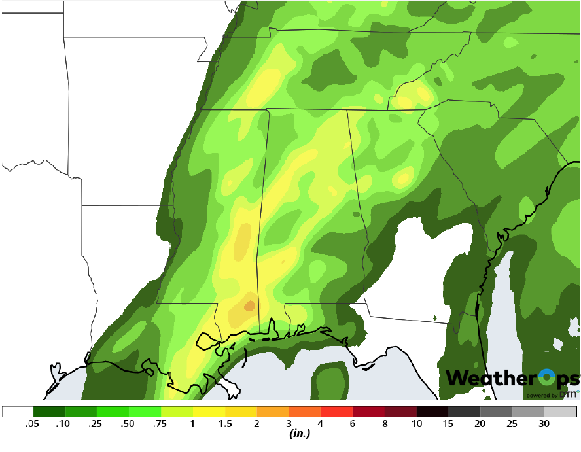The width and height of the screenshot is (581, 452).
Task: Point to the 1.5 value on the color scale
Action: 225,424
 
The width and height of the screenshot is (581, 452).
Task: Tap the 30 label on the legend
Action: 544,424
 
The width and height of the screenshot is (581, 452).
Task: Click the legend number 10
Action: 417,424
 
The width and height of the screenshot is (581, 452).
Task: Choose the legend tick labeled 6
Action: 353,424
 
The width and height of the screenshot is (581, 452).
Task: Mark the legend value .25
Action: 97,424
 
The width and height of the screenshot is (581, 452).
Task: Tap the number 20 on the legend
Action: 480,424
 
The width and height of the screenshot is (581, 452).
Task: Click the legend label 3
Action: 289,424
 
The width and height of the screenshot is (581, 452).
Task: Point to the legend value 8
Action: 385,424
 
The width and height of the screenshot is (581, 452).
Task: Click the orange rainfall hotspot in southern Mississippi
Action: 249,305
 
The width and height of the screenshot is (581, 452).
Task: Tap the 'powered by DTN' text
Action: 551,395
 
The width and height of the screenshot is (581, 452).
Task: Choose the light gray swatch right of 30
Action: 561,411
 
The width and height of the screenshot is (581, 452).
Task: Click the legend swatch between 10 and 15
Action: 432,411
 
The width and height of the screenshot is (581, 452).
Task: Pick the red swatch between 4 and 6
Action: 336,411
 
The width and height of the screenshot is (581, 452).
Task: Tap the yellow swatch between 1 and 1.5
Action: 209,411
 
